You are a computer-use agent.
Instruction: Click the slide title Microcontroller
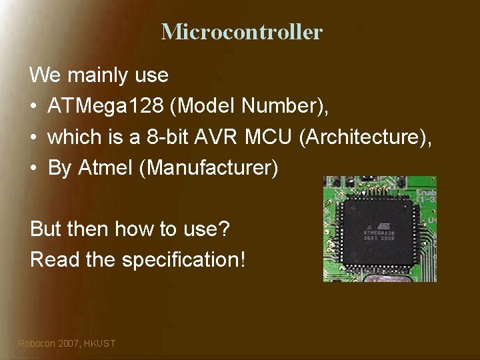click(241, 31)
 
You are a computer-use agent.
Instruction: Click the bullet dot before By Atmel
click(33, 169)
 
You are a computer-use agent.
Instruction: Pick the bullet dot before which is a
click(33, 137)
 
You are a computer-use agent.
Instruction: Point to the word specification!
click(183, 259)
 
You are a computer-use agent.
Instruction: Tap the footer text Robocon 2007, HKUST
click(67, 343)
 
